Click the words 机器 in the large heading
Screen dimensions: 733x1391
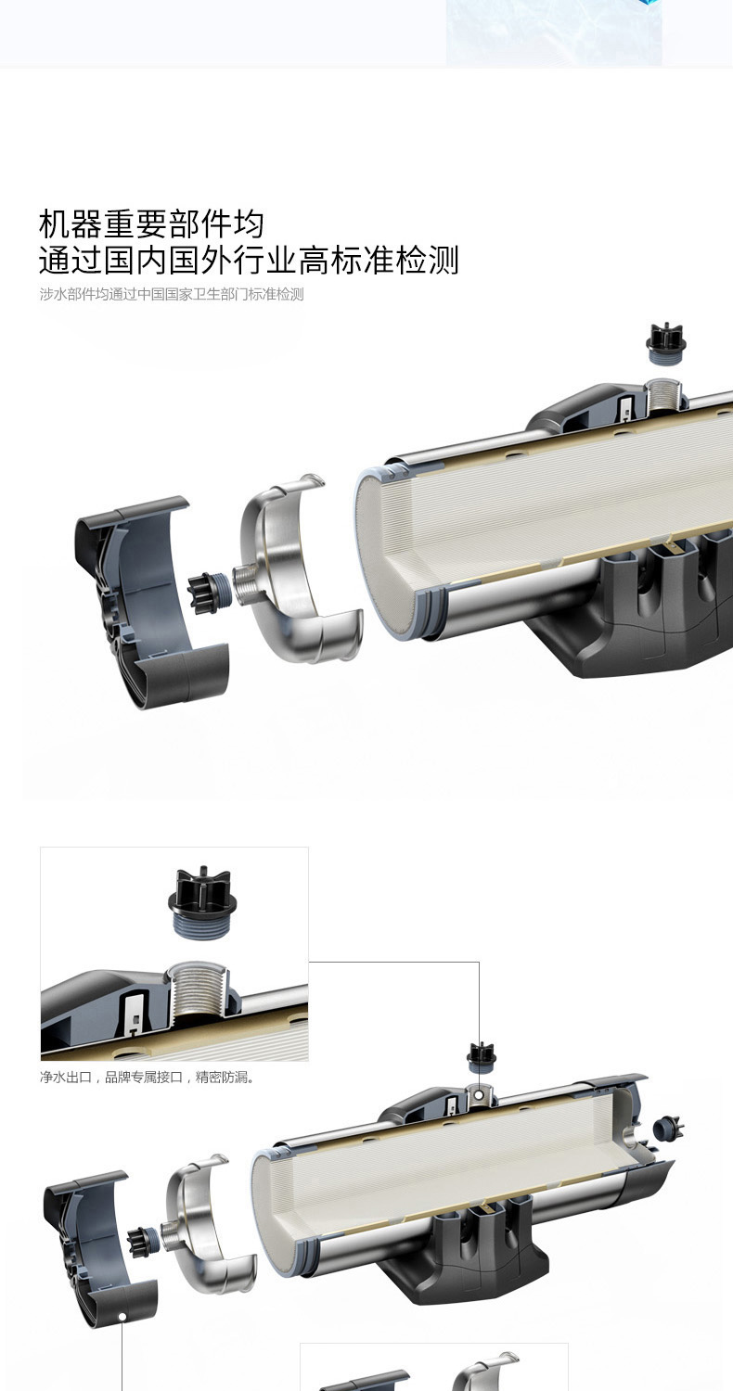click(71, 224)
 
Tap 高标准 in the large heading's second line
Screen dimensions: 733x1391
click(346, 261)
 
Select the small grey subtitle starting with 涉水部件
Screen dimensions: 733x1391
click(172, 294)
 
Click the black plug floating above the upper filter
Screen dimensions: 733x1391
click(664, 342)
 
